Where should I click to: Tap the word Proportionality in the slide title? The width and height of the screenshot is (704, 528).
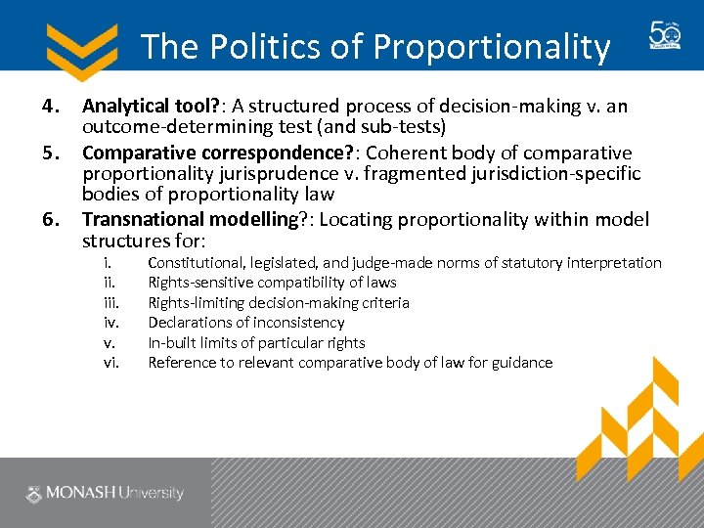point(492,46)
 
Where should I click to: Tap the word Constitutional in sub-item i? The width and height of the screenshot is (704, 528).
point(193,263)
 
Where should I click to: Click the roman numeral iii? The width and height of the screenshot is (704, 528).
point(110,303)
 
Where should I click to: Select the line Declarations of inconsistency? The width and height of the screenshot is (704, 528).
point(245,323)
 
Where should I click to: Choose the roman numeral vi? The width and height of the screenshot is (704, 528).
point(110,363)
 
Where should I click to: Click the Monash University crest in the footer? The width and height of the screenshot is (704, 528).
point(35,494)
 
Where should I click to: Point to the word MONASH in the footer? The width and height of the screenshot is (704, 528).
point(81,494)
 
